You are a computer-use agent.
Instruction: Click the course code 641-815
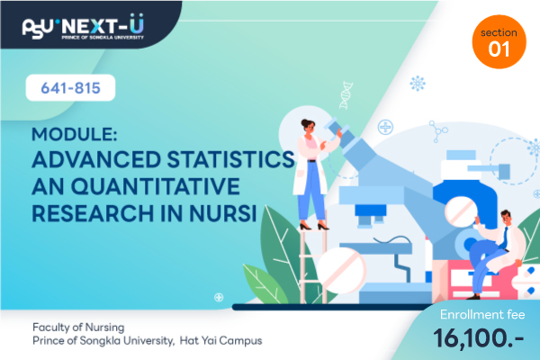[70, 88]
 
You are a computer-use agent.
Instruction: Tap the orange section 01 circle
[499, 41]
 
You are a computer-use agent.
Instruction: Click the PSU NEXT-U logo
[83, 27]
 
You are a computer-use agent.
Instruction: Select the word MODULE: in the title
[75, 134]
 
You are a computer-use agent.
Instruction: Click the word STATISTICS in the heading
[230, 159]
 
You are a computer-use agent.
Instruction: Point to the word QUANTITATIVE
[156, 186]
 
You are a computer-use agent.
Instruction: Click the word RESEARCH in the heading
[93, 213]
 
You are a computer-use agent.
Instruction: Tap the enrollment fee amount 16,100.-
[479, 338]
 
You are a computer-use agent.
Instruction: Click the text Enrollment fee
[482, 314]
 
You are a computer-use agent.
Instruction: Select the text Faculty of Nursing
[78, 327]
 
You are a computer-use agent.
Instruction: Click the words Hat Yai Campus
[220, 341]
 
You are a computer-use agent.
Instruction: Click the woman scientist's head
[308, 126]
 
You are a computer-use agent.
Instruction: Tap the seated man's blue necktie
[504, 238]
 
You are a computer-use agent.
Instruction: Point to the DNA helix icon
[346, 95]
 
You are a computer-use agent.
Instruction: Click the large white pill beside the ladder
[341, 271]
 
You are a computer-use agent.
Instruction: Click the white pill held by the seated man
[461, 211]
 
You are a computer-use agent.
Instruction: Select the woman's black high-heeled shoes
[314, 226]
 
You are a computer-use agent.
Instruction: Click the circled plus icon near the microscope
[385, 128]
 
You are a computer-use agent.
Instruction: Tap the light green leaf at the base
[265, 284]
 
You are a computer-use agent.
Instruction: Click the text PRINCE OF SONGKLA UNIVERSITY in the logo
[103, 37]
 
